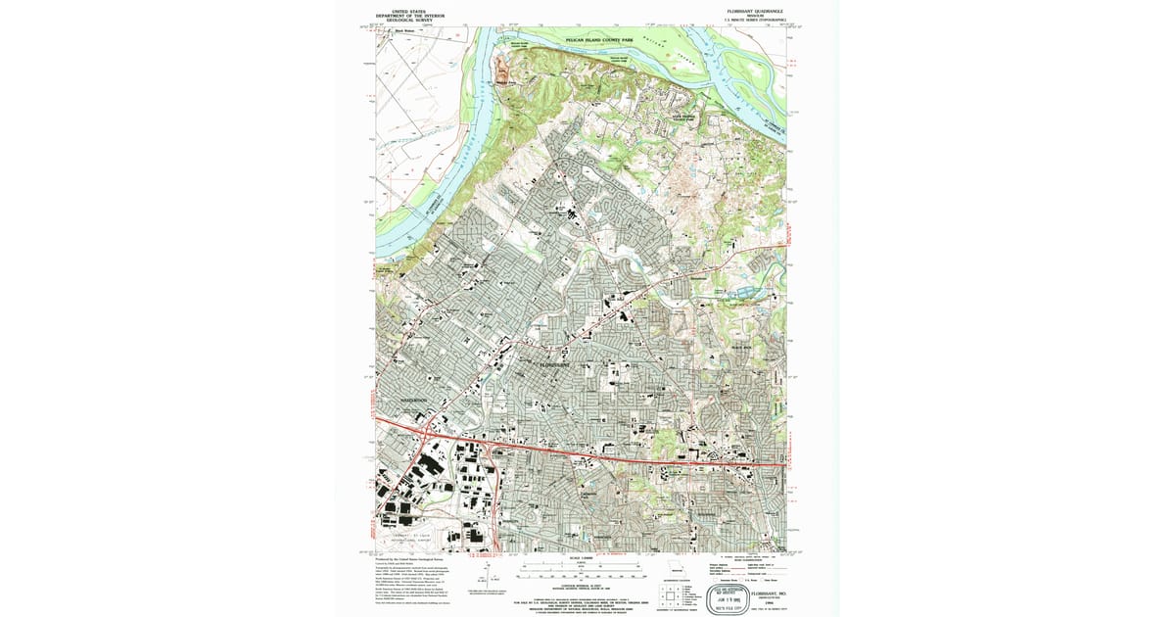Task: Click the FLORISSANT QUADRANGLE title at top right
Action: (754, 12)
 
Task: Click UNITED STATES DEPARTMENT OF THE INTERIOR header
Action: (411, 16)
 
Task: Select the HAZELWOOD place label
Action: (415, 401)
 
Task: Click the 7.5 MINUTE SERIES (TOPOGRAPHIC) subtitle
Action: (754, 21)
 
